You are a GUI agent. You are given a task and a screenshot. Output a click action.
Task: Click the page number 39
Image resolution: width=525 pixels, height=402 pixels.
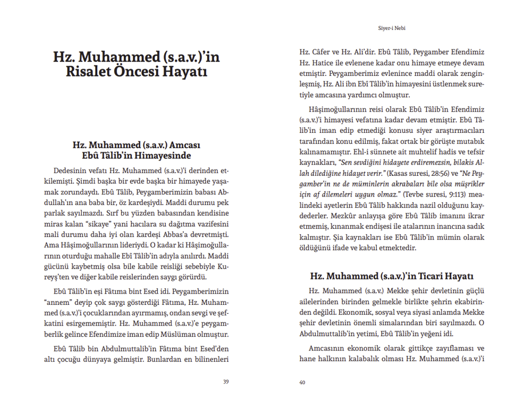pyautogui.click(x=226, y=382)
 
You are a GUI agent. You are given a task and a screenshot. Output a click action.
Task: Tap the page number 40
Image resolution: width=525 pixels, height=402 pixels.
pyautogui.click(x=302, y=382)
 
